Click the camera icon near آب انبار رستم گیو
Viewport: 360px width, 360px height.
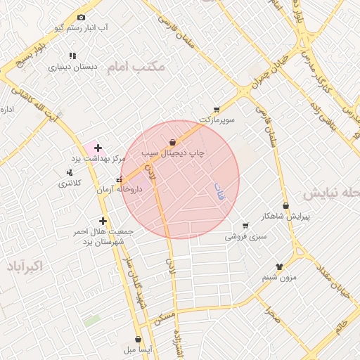point(81,18)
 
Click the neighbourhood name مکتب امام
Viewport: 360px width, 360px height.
point(135,68)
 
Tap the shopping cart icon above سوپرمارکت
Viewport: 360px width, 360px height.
point(217,109)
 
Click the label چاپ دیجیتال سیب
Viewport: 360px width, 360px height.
point(172,153)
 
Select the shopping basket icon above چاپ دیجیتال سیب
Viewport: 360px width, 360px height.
point(173,142)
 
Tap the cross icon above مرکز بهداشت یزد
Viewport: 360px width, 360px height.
point(98,148)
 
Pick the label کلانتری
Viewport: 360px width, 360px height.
point(70,183)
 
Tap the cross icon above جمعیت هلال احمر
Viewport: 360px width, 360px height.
point(103,221)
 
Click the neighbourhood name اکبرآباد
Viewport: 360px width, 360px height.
point(23,266)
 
